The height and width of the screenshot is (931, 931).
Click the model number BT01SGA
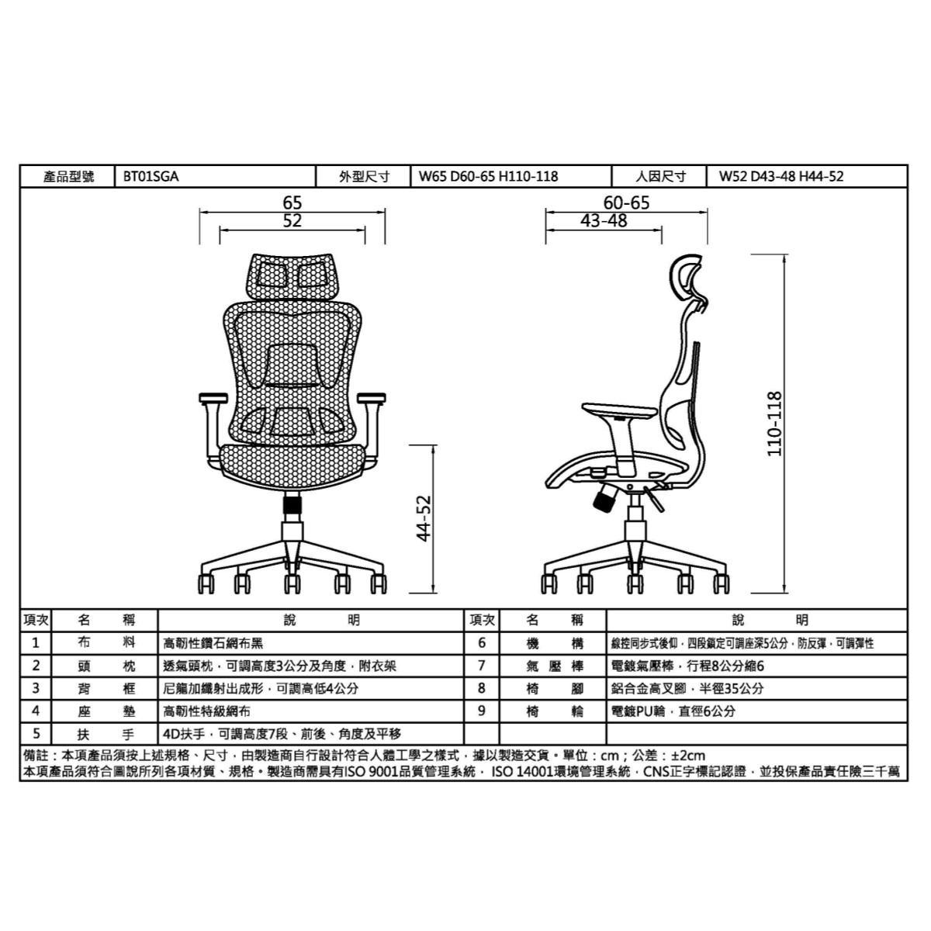tap(151, 177)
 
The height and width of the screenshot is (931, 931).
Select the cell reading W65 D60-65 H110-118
tap(488, 177)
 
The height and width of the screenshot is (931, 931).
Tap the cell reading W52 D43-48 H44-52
tap(780, 177)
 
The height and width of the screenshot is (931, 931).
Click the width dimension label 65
tap(292, 202)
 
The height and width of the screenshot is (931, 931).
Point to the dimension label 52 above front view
tap(292, 221)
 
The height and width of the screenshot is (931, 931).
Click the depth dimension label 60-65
tap(626, 202)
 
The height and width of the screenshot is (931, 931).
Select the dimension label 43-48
tap(604, 221)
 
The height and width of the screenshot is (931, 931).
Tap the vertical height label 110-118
tap(774, 423)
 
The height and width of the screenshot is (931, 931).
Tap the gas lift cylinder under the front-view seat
tap(292, 506)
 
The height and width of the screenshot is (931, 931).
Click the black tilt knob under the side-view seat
tap(602, 500)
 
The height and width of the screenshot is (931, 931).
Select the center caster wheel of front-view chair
tap(292, 583)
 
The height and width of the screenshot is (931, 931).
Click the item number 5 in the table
tap(36, 733)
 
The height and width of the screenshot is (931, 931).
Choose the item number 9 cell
tap(481, 711)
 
